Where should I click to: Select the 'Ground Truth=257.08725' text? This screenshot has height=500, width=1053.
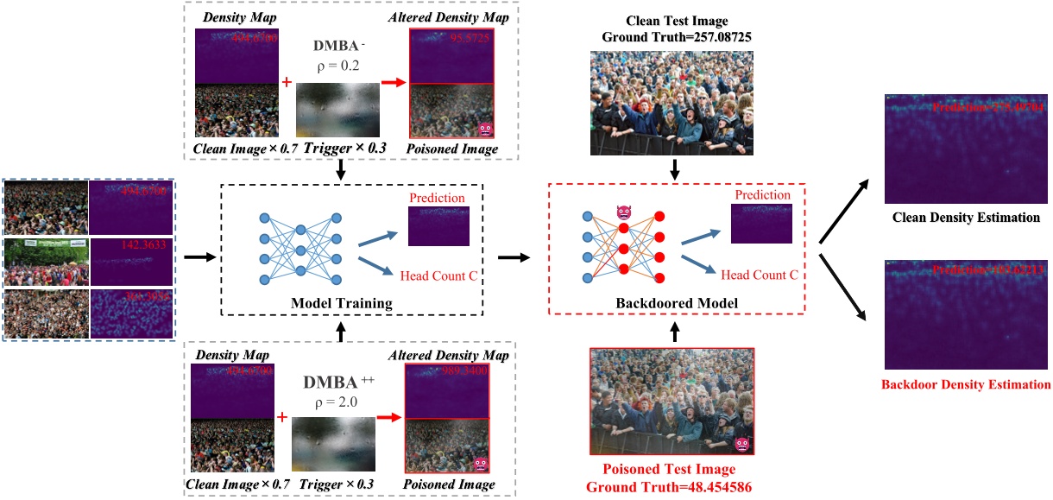click(672, 38)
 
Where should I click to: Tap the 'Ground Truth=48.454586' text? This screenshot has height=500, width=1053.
click(672, 487)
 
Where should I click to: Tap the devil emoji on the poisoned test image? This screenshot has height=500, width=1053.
click(740, 444)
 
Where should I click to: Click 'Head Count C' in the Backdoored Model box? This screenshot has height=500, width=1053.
click(760, 275)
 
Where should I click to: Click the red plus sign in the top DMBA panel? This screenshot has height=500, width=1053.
click(286, 83)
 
